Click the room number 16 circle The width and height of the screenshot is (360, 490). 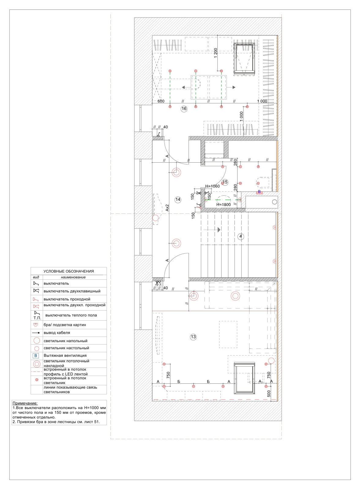[x=184, y=109]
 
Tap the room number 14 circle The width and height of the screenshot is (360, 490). [x=178, y=199]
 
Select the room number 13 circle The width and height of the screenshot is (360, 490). [x=193, y=337]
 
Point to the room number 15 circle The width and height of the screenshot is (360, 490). [x=225, y=182]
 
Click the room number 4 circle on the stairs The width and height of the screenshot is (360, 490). [x=241, y=236]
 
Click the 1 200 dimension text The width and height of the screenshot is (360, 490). [x=216, y=53]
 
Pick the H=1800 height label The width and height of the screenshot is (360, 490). [x=223, y=205]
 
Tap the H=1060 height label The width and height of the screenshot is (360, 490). [x=212, y=186]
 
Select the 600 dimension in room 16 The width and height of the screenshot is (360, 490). [x=161, y=101]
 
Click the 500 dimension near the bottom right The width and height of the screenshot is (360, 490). [x=269, y=394]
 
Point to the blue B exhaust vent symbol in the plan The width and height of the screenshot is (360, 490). [x=259, y=192]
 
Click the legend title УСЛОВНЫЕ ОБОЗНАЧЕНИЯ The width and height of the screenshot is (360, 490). [x=69, y=271]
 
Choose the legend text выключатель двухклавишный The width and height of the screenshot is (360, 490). [x=72, y=291]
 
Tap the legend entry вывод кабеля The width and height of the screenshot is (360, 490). [x=57, y=333]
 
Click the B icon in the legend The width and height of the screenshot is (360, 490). [x=36, y=356]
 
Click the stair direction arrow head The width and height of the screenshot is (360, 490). [x=219, y=229]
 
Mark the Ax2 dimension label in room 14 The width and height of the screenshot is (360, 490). [x=167, y=208]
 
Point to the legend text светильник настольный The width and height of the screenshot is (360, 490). [x=66, y=348]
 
